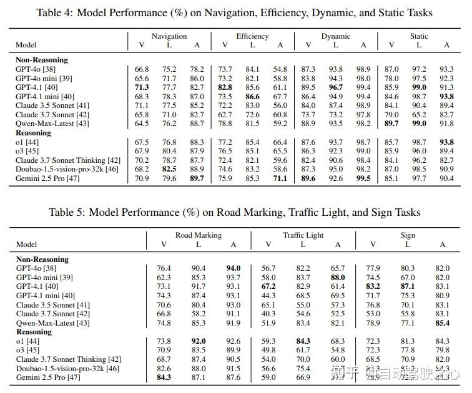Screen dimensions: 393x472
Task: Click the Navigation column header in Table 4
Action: (169, 36)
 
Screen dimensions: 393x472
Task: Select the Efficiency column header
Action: (252, 36)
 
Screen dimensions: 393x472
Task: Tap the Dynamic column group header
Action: (335, 36)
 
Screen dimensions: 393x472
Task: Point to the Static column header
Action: (419, 36)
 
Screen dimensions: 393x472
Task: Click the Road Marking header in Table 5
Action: (199, 235)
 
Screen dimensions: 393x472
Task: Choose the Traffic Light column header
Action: (303, 235)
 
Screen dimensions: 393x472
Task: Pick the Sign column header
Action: (408, 235)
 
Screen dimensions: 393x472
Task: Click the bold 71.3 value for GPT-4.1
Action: (142, 87)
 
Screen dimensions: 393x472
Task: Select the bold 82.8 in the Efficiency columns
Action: (225, 87)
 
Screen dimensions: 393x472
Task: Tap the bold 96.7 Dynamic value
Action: (336, 87)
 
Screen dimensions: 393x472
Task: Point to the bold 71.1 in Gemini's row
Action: (280, 178)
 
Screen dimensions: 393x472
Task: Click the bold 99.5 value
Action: (363, 178)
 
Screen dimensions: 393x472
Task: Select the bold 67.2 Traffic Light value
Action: (268, 286)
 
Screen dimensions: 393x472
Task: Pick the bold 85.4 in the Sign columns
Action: (443, 323)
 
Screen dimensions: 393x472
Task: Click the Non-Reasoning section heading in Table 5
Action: (42, 259)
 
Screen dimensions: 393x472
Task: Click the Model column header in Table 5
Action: (27, 245)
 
